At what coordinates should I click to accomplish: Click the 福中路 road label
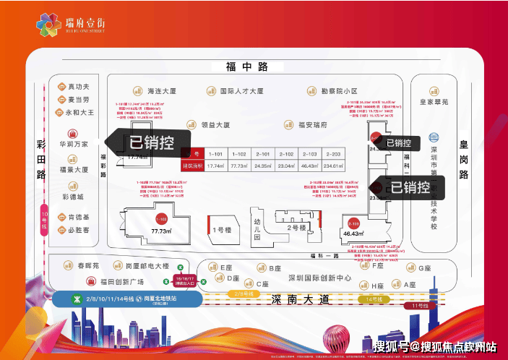click(246, 67)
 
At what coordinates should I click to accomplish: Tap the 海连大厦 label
click(163, 92)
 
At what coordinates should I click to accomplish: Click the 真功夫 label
click(79, 87)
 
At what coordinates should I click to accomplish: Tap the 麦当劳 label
click(79, 100)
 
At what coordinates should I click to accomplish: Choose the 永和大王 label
click(82, 113)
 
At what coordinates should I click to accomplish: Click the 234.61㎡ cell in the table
click(333, 166)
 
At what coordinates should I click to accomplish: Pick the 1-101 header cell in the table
click(215, 154)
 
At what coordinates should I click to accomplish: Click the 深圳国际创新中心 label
click(319, 278)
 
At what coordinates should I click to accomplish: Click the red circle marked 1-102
click(162, 217)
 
